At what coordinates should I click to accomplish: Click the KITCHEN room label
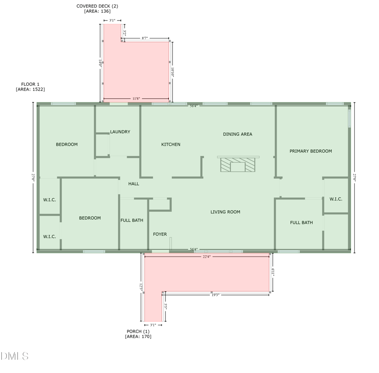[x=171, y=144]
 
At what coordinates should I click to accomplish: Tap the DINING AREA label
[x=237, y=134]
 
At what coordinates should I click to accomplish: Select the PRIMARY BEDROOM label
[x=310, y=151]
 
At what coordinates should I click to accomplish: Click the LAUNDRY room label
[x=120, y=132]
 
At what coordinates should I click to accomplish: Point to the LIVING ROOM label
[x=225, y=212]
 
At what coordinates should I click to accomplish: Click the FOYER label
[x=160, y=234]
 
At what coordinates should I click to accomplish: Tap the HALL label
[x=134, y=184]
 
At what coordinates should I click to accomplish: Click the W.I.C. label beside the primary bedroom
[x=336, y=199]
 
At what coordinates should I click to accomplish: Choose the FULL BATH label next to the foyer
[x=132, y=220]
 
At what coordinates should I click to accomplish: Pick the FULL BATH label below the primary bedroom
[x=301, y=222]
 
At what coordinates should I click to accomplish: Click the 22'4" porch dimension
[x=206, y=257]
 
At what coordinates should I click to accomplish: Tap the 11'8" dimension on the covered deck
[x=135, y=99]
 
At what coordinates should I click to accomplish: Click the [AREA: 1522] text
[x=30, y=89]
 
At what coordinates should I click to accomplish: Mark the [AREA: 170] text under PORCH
[x=138, y=336]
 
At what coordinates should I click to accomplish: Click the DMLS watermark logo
[x=15, y=356]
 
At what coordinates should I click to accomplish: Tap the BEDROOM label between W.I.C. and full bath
[x=90, y=218]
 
